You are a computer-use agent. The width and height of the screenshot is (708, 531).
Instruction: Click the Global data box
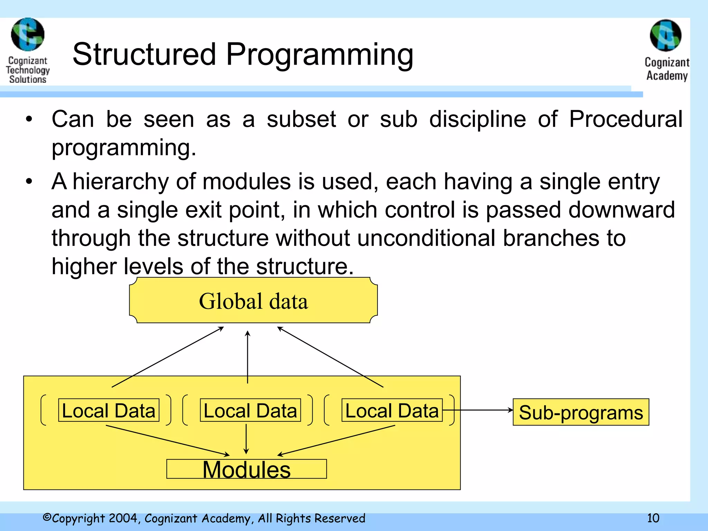[x=253, y=300]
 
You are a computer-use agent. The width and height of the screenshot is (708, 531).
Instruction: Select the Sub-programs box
[x=581, y=412]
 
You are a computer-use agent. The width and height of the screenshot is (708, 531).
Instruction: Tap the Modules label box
[x=246, y=469]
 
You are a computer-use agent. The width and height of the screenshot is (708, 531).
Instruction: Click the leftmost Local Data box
[x=109, y=410]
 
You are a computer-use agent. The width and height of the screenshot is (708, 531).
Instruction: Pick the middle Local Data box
[x=250, y=410]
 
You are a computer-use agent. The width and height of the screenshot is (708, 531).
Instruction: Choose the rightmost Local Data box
[x=392, y=410]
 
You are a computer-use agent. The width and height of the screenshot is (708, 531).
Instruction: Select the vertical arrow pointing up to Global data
[x=248, y=356]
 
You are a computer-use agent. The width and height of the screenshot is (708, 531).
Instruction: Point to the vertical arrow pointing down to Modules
[x=246, y=438]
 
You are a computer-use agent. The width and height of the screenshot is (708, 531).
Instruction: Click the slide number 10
[x=653, y=518]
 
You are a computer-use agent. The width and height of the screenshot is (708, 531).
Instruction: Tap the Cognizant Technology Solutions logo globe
[x=28, y=35]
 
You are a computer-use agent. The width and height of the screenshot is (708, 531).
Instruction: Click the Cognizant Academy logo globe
[x=665, y=35]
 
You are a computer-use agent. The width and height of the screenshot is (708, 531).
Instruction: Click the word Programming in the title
[x=319, y=55]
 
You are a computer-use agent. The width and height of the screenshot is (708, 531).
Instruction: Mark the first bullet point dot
[x=29, y=119]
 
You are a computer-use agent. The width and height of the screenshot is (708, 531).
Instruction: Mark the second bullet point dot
[x=29, y=181]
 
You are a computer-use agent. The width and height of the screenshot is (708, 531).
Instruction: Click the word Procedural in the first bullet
[x=626, y=119]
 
